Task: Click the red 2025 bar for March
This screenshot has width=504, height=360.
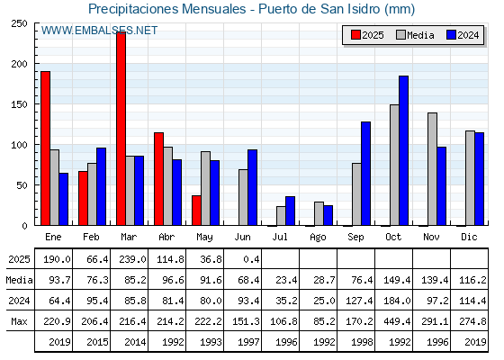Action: coord(121,129)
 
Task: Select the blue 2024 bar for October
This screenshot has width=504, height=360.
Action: coord(404,151)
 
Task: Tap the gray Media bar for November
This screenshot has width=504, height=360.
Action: coord(432,169)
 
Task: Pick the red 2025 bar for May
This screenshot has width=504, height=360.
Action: coord(197,211)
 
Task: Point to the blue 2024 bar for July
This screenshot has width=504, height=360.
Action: coord(290,211)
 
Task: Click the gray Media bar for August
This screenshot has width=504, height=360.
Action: coord(319,214)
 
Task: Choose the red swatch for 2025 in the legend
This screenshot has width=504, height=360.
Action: coord(355,35)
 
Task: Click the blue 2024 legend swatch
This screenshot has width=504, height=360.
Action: coord(451,35)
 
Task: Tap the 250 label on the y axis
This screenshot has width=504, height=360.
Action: coord(19,23)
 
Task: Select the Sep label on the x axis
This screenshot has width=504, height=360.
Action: coord(355,238)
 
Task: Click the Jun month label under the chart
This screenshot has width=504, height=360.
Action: coord(242,238)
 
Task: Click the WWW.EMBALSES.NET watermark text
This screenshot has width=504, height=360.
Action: coord(99,31)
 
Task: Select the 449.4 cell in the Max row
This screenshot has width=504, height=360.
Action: coord(397,321)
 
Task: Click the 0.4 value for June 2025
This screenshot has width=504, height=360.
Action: coord(251,259)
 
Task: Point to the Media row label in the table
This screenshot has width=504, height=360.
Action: coord(19,280)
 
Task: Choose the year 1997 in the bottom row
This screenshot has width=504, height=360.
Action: coord(248,342)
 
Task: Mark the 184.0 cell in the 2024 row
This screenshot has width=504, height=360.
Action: coord(397,301)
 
